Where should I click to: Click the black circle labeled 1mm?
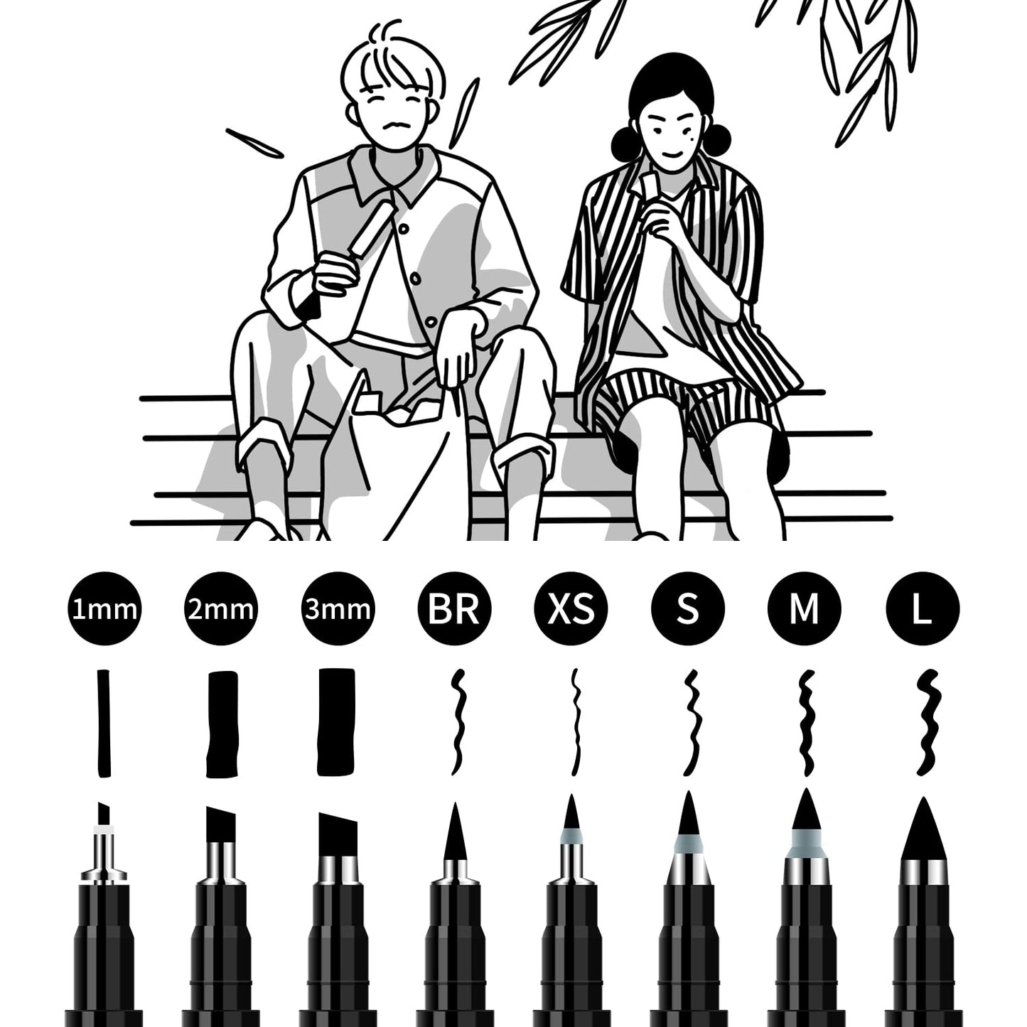pos(104,608)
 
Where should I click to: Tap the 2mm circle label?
pos(220,608)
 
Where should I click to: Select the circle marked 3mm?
pos(337,608)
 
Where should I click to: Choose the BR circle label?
pos(454,608)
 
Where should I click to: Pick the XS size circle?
pos(571,608)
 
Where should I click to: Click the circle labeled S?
pos(687,608)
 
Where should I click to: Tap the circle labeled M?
pos(805,608)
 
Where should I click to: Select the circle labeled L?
pos(923,608)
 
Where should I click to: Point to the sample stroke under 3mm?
pos(336,722)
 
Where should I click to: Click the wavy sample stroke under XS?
pos(576,722)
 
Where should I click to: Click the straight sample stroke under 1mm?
pos(104,723)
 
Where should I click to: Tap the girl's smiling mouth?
pos(672,155)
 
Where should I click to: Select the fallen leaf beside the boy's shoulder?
pos(254,144)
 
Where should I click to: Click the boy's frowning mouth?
pos(397,127)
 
